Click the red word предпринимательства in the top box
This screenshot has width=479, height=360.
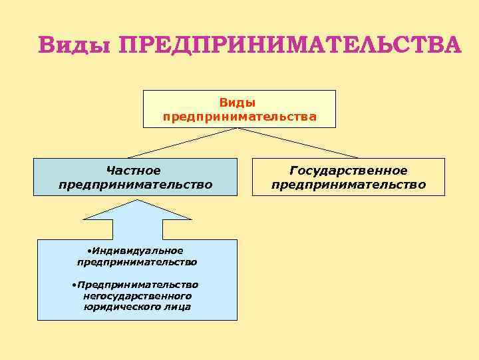pyautogui.click(x=239, y=117)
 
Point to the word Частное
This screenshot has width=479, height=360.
pyautogui.click(x=135, y=170)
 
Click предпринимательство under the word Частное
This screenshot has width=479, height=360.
pyautogui.click(x=135, y=183)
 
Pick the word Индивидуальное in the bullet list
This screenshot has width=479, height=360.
pyautogui.click(x=138, y=251)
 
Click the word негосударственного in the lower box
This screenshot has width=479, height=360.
pyautogui.click(x=138, y=295)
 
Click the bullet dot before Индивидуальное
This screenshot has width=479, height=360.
pyautogui.click(x=88, y=251)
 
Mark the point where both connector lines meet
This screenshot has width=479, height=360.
pyautogui.click(x=239, y=128)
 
